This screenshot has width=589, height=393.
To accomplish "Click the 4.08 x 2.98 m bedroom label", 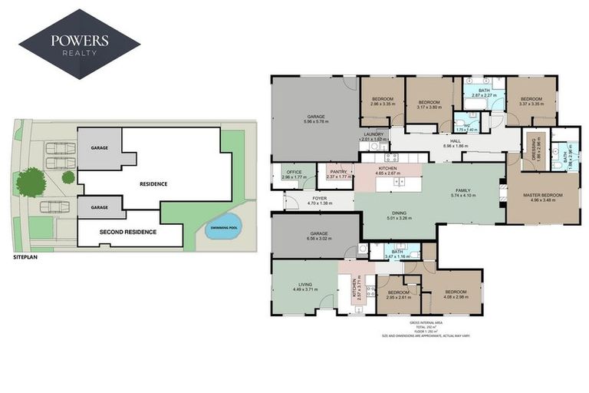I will pos(456,294).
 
